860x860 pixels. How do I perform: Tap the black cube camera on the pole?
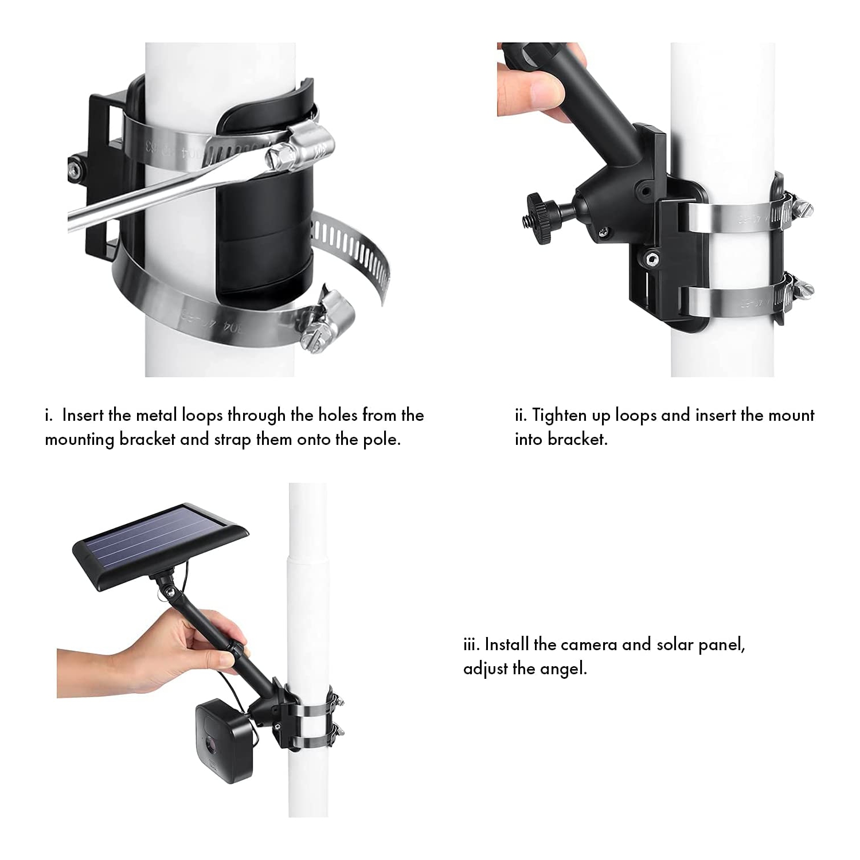224,740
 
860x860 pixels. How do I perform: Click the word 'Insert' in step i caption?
87,415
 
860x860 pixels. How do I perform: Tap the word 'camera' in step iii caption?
589,644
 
